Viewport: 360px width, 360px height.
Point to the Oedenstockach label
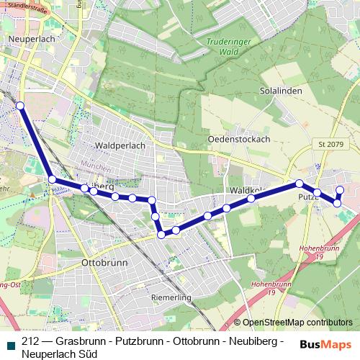238,138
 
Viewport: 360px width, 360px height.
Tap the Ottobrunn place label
105,263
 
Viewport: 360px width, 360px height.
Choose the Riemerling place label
170,297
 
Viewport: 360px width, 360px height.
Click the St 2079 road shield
330,145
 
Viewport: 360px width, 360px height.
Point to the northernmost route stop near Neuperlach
20,106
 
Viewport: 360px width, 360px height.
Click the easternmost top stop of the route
340,190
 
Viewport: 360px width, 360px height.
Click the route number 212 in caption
31,341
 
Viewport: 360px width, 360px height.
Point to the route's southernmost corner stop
161,234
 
